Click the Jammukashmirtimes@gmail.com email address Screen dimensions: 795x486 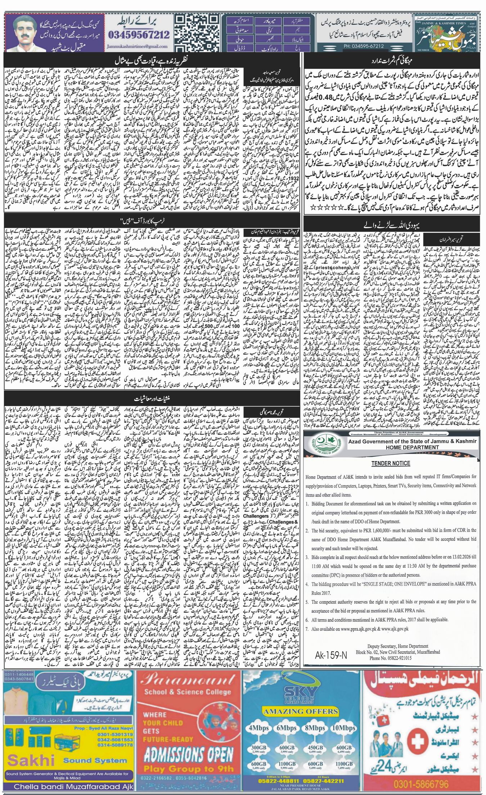tap(137, 46)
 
